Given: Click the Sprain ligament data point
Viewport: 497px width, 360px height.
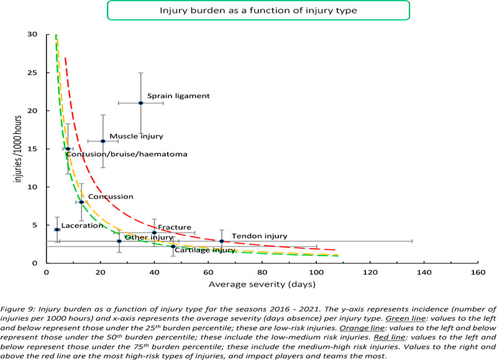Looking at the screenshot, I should (141, 103).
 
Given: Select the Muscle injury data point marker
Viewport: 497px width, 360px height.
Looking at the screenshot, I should (103, 141).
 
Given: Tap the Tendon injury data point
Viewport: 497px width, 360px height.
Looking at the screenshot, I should (222, 241).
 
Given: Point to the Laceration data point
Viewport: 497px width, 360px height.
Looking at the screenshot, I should (57, 229).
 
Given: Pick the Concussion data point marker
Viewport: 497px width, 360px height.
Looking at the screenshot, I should (81, 202).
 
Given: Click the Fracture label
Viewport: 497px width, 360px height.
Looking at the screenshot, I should (175, 228).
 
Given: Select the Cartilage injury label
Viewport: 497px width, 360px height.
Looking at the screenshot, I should (205, 250).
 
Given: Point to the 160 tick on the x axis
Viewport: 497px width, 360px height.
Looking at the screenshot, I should (478, 272).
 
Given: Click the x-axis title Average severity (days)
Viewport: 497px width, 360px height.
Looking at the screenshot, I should (262, 285).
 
